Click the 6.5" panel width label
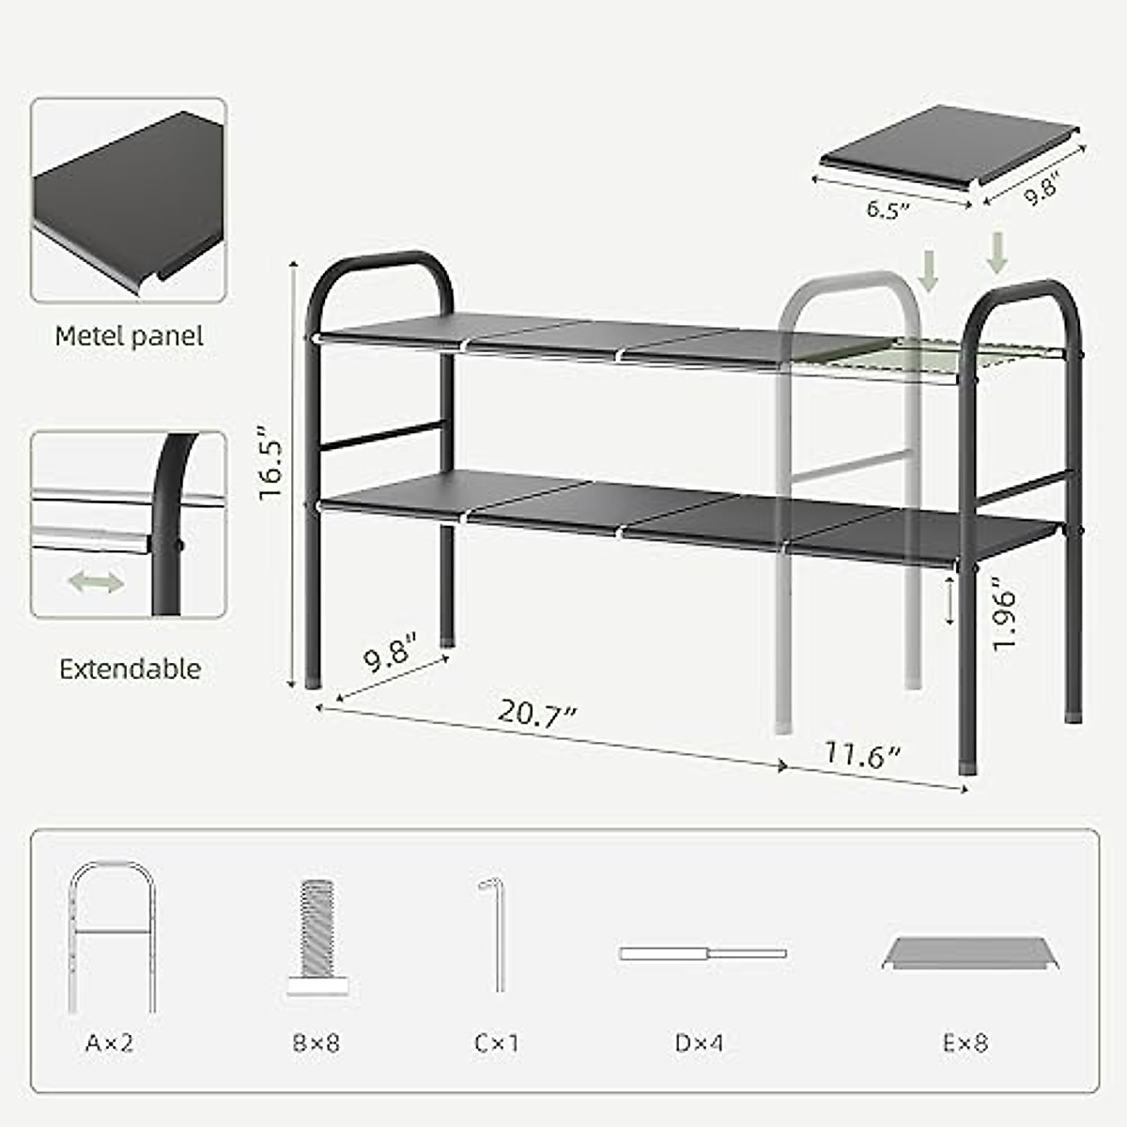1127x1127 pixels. [x=888, y=208]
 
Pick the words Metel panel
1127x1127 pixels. [x=129, y=335]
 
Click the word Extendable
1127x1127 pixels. [x=130, y=669]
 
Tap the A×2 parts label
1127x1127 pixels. [x=110, y=1042]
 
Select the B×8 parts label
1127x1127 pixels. [x=315, y=1042]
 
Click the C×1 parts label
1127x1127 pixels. [x=497, y=1042]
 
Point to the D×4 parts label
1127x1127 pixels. [x=699, y=1042]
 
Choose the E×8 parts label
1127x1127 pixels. [x=965, y=1042]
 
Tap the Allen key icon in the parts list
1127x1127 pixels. [x=496, y=934]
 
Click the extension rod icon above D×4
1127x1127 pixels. [x=702, y=953]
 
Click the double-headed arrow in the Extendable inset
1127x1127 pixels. [x=96, y=582]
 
